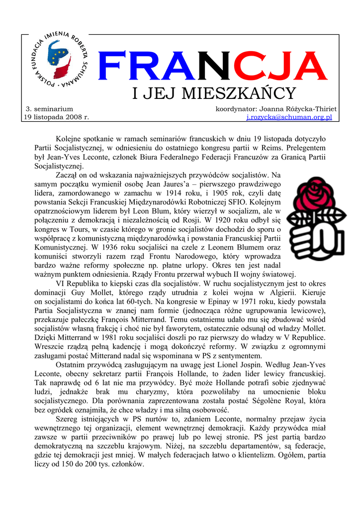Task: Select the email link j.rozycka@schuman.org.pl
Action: [x=289, y=117]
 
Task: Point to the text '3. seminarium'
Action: [x=49, y=108]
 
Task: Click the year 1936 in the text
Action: [x=111, y=247]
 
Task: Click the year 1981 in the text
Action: [x=116, y=338]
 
